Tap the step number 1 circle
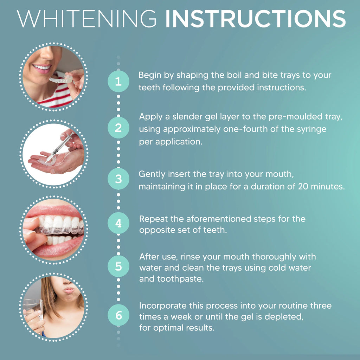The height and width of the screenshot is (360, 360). tap(118, 82)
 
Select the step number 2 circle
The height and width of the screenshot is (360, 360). tap(118, 128)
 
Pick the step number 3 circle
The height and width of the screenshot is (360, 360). tap(118, 179)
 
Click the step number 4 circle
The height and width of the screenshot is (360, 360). tap(118, 224)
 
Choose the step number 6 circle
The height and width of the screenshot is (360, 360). tap(118, 315)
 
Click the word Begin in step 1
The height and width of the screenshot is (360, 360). tap(150, 75)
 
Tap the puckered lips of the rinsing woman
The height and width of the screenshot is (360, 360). tap(69, 290)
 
